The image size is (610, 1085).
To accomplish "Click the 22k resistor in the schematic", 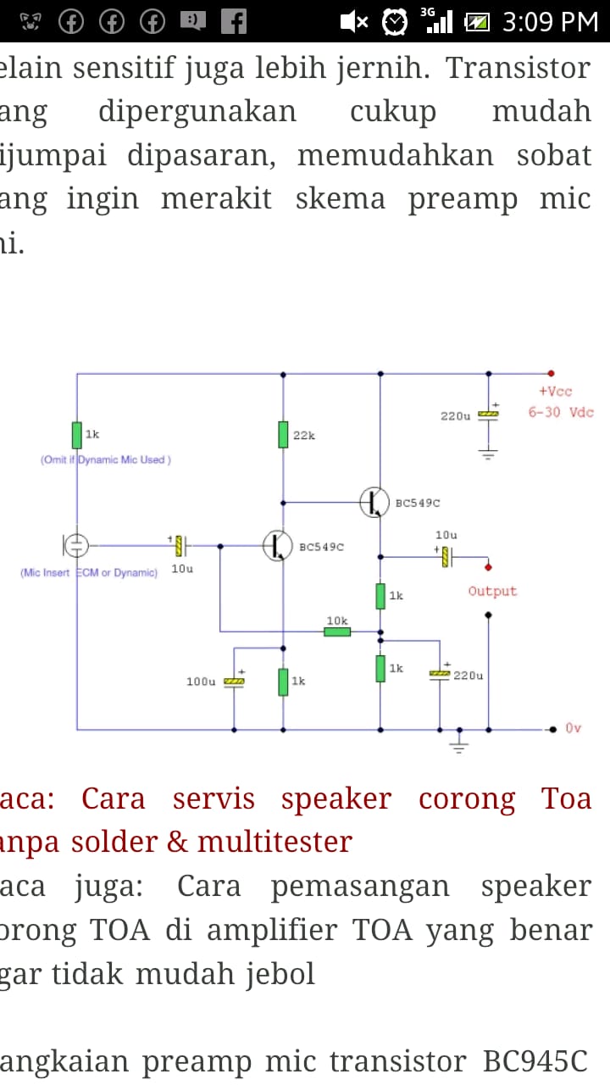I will (x=283, y=434).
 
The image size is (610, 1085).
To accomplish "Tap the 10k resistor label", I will (x=337, y=621).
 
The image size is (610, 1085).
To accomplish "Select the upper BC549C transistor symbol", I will (x=374, y=502).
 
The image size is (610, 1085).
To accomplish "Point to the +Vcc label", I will (x=555, y=392).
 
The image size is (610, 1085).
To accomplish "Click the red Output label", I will (x=492, y=591).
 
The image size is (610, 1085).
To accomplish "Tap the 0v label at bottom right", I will (x=574, y=728).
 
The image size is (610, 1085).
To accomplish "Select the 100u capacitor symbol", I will (x=234, y=681).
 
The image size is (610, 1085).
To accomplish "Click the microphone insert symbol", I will (x=75, y=545).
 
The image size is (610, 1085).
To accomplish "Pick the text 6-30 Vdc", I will (x=561, y=413).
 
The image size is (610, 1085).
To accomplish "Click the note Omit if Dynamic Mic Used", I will (x=105, y=459).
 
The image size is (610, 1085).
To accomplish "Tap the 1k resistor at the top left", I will (x=77, y=434).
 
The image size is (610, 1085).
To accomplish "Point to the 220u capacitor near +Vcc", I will (x=488, y=415).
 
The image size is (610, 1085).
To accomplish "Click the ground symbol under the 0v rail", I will (x=459, y=744).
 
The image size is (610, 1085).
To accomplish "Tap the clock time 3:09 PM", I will (x=550, y=21).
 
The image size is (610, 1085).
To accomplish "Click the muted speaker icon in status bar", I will (x=353, y=21).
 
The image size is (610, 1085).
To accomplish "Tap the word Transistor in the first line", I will (x=518, y=68).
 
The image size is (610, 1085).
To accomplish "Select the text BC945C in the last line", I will (x=535, y=1061).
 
